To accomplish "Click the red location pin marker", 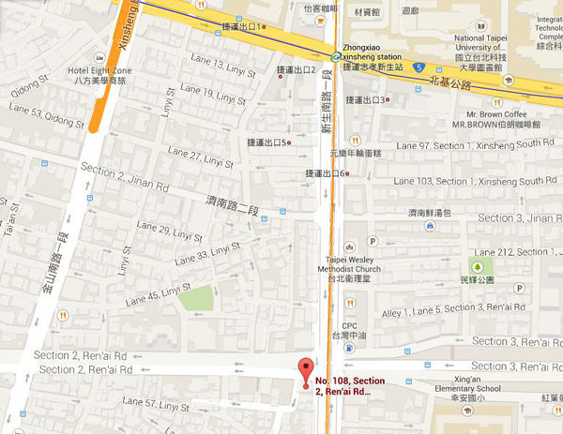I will coord(303,369).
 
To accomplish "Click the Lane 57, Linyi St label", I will coord(153,404).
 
